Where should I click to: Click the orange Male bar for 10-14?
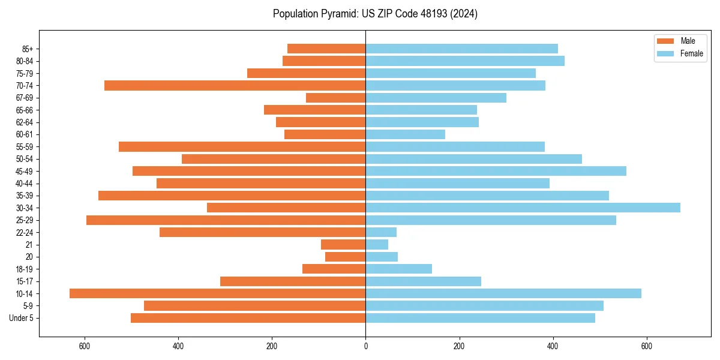[217, 293]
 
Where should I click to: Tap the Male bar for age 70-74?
[235, 85]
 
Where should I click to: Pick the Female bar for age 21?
[377, 244]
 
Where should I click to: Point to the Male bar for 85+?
[326, 49]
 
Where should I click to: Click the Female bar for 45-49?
[496, 171]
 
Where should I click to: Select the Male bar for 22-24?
[262, 232]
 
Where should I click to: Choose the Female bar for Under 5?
[480, 318]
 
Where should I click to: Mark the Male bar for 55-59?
[242, 146]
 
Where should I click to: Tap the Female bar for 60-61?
[405, 134]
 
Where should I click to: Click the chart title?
[375, 14]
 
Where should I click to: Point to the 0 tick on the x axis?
[365, 346]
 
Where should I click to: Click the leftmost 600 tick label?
[85, 346]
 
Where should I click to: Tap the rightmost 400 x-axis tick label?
[553, 346]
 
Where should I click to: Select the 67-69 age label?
[24, 98]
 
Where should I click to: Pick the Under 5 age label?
[21, 318]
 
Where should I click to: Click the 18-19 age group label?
[24, 269]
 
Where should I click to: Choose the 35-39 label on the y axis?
[24, 196]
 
